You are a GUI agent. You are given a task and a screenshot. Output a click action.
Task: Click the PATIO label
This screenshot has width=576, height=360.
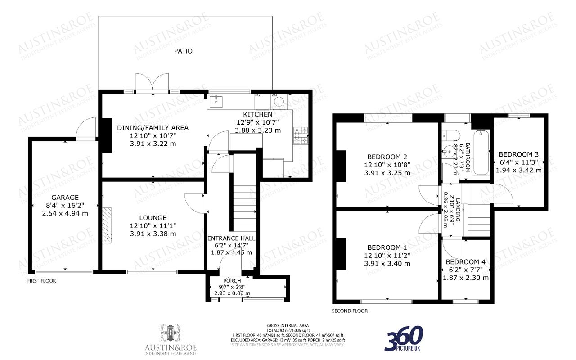pos(183,51)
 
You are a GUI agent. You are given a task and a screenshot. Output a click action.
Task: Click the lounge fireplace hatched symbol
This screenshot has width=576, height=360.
pos(107,226)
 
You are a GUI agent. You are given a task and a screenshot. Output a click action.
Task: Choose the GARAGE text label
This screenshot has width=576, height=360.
pos(65,197)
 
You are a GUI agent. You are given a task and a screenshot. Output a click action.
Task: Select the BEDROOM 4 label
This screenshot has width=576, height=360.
pos(466,262)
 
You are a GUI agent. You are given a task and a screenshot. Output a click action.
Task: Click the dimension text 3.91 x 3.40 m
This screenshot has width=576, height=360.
pos(387,264)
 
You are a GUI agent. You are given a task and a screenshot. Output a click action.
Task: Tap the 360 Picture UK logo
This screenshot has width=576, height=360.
pos(404,339)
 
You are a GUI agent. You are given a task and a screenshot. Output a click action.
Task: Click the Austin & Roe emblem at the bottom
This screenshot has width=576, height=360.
pos(171,333)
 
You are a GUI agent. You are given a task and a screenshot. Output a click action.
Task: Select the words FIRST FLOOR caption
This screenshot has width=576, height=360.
pos(41,281)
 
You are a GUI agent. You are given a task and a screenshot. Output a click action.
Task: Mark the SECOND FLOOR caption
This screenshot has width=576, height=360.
pos(350,311)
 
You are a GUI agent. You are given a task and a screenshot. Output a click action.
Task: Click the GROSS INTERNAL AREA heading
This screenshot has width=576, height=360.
pos(288,325)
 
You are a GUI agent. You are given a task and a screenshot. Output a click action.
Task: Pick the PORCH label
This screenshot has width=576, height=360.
pos(232,281)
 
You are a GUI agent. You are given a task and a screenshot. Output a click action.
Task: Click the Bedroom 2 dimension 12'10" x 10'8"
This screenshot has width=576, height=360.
pos(387,165)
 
